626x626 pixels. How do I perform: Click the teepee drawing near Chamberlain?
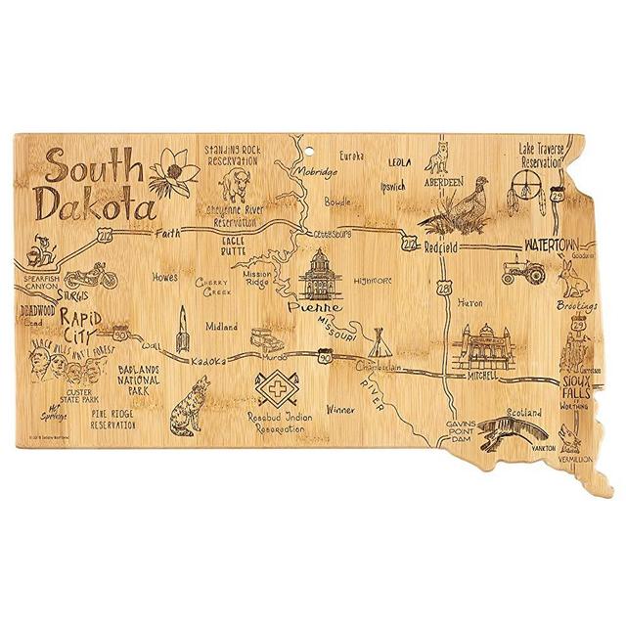click(x=380, y=344)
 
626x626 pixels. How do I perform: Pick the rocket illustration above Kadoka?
click(x=181, y=330)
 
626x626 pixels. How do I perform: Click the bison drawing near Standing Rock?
click(x=234, y=183)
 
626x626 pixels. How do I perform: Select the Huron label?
click(x=469, y=303)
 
